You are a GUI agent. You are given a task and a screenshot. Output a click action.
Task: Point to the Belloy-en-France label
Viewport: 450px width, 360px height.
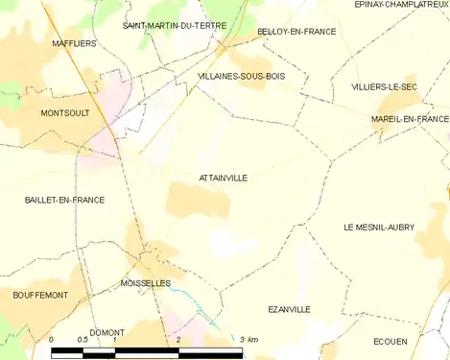coord(296,32)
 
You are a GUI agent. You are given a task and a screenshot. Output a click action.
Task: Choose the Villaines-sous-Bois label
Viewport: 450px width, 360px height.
coord(241,76)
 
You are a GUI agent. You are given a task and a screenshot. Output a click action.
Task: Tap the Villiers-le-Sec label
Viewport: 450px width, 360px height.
coord(384,86)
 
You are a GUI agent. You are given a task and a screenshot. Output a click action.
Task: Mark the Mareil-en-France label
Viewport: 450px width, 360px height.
coord(411,119)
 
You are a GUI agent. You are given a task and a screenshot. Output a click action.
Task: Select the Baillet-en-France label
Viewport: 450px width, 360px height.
coord(64,200)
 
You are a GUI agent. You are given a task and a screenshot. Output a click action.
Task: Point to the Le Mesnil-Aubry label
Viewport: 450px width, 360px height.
coord(379,228)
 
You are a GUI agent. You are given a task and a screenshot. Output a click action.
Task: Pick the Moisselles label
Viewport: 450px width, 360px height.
coord(146,283)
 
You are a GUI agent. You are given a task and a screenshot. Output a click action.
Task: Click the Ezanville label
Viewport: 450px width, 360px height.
coord(289,309)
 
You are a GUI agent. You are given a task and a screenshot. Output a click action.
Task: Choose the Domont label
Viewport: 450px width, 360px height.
coord(107,332)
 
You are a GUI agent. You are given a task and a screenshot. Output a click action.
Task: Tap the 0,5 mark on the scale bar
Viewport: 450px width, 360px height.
coord(83,340)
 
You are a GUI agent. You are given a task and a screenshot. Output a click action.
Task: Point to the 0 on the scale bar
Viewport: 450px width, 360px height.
coord(52,340)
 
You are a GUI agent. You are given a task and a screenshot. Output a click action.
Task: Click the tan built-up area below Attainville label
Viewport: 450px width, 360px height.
coord(197,203)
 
